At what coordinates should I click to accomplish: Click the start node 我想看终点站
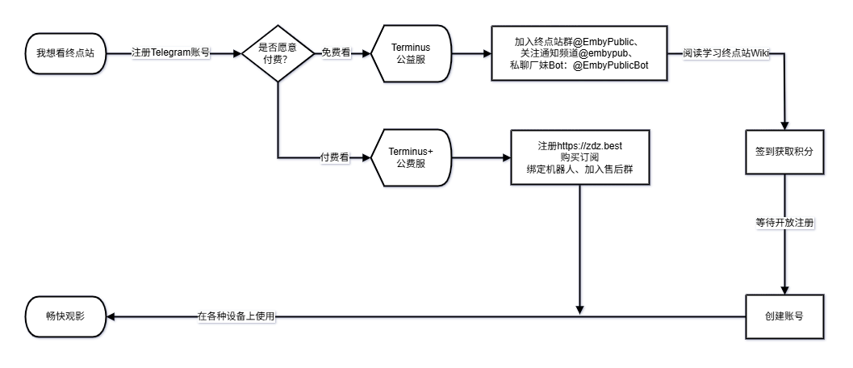[x=65, y=53]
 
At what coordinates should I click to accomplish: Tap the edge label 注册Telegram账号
[x=171, y=53]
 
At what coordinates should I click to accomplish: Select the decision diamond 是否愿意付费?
[x=278, y=53]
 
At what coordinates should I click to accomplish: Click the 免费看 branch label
[x=337, y=53]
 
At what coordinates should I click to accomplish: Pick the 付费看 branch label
[x=335, y=157]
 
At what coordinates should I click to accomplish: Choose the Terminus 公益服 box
[x=411, y=53]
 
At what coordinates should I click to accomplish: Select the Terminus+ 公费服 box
[x=411, y=157]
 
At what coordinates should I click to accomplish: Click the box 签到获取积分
[x=784, y=150]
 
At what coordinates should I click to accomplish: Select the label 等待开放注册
[x=784, y=223]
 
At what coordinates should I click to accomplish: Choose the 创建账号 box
[x=784, y=316]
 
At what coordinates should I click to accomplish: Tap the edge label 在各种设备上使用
[x=237, y=317]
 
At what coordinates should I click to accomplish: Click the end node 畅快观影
[x=65, y=317]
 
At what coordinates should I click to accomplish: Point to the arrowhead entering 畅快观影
[x=111, y=317]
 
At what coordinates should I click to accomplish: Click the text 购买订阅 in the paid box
[x=580, y=157]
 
